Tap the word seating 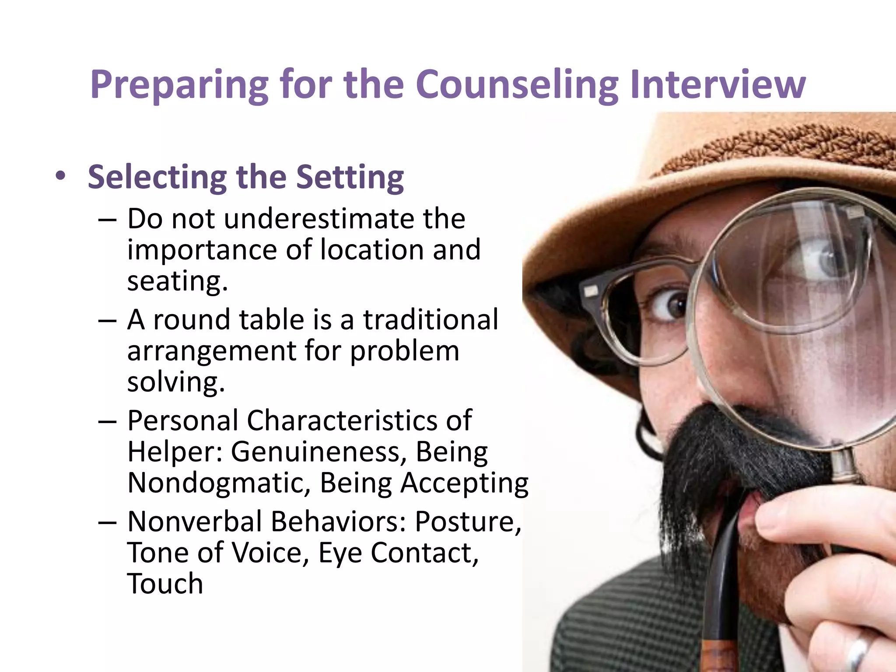coord(177,280)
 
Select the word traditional coord(431,319)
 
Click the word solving coord(176,382)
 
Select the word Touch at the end coord(165,584)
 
